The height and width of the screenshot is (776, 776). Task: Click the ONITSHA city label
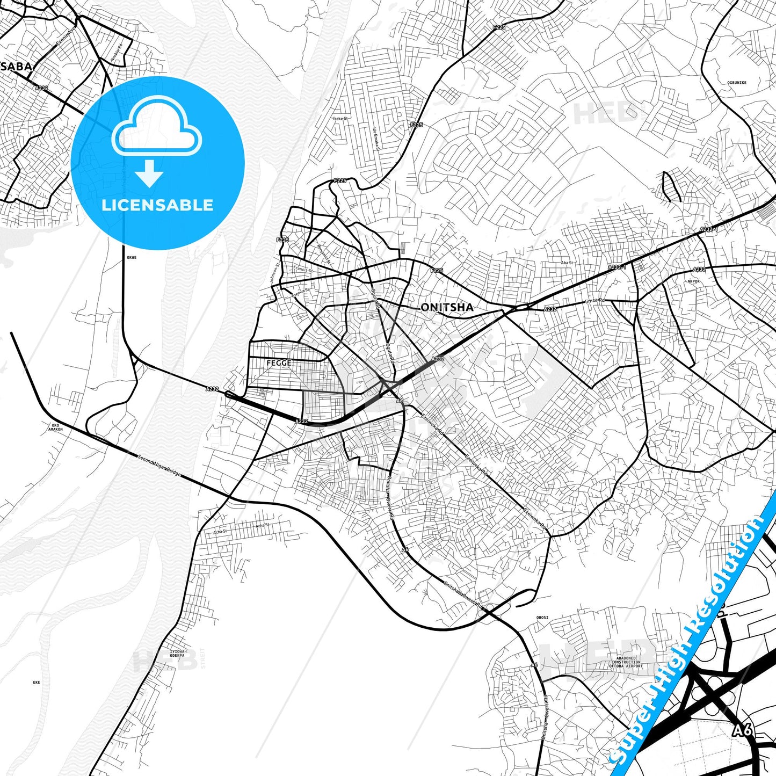click(x=447, y=307)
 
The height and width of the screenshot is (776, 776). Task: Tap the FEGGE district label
click(x=279, y=363)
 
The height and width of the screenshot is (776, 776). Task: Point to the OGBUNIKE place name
click(x=736, y=83)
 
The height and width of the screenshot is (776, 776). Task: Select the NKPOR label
click(x=693, y=281)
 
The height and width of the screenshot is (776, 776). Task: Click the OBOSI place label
click(x=542, y=618)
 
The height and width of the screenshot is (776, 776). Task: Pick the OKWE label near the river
click(x=132, y=258)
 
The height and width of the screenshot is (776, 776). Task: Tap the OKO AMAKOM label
click(x=55, y=427)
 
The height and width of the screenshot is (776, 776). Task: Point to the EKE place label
click(x=37, y=683)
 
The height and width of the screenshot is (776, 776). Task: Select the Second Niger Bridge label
click(x=159, y=466)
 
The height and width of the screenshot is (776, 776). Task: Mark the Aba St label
click(x=567, y=263)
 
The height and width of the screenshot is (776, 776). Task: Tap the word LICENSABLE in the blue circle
click(x=157, y=205)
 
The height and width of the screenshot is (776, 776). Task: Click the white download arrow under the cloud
click(x=149, y=173)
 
